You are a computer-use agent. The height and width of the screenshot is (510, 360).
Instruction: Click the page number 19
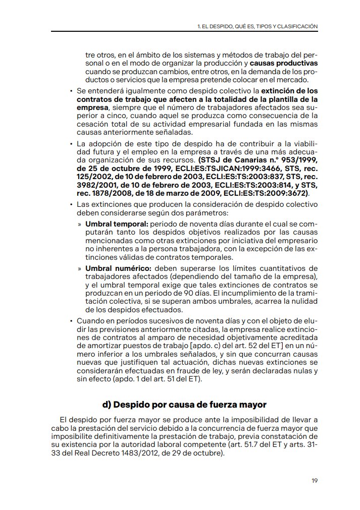314,480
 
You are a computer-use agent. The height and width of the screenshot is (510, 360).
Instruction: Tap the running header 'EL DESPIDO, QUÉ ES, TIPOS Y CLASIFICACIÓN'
261,25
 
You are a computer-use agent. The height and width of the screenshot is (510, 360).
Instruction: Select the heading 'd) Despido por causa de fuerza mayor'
184,405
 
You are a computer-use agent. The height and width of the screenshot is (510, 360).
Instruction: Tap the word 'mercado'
291,80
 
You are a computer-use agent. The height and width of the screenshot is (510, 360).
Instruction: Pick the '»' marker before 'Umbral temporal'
80,223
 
